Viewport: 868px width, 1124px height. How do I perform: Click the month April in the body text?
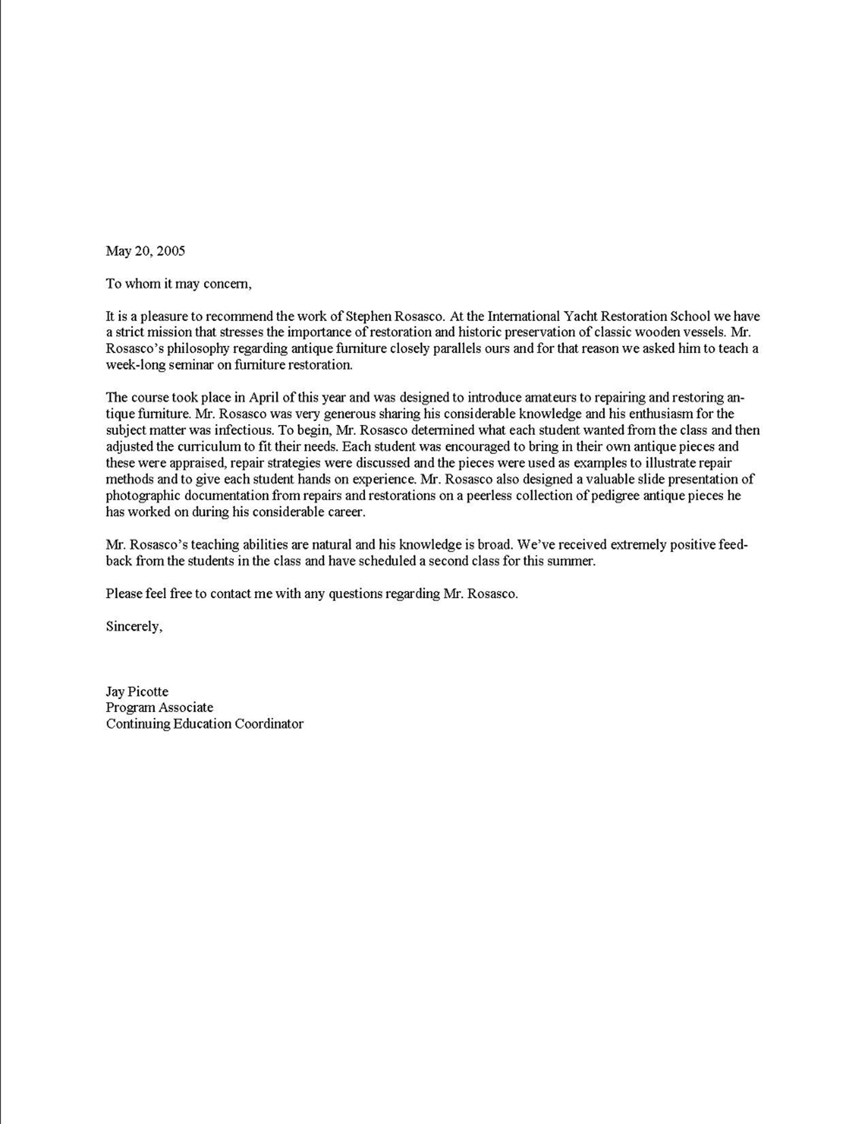click(264, 397)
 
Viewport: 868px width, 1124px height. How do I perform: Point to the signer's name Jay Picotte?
click(137, 692)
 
